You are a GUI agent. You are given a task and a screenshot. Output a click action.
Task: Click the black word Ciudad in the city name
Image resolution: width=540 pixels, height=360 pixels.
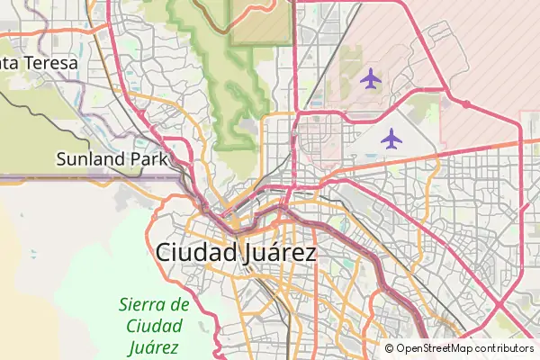point(197,253)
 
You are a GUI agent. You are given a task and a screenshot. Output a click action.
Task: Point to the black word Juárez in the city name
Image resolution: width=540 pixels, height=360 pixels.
point(280,253)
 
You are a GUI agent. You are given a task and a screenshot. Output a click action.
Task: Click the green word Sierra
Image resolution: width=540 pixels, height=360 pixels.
point(144,304)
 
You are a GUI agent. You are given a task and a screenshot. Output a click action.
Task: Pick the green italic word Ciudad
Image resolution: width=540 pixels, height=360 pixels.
point(154,325)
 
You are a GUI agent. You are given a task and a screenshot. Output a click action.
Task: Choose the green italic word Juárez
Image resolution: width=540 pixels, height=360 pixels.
point(154,346)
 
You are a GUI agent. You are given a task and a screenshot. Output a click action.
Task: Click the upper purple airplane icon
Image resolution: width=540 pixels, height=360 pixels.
point(369,79)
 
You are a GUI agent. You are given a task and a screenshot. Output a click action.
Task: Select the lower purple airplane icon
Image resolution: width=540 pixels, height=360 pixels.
point(391,139)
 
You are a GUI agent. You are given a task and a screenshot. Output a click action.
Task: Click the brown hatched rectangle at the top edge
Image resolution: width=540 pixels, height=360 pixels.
point(261,22)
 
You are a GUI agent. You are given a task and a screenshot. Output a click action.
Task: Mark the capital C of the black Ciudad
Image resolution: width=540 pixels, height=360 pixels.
point(165,253)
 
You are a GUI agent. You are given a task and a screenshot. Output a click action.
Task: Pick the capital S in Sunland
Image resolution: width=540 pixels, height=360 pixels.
point(62,160)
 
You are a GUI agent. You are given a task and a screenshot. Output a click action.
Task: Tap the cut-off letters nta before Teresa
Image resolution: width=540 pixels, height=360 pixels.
point(12,65)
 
